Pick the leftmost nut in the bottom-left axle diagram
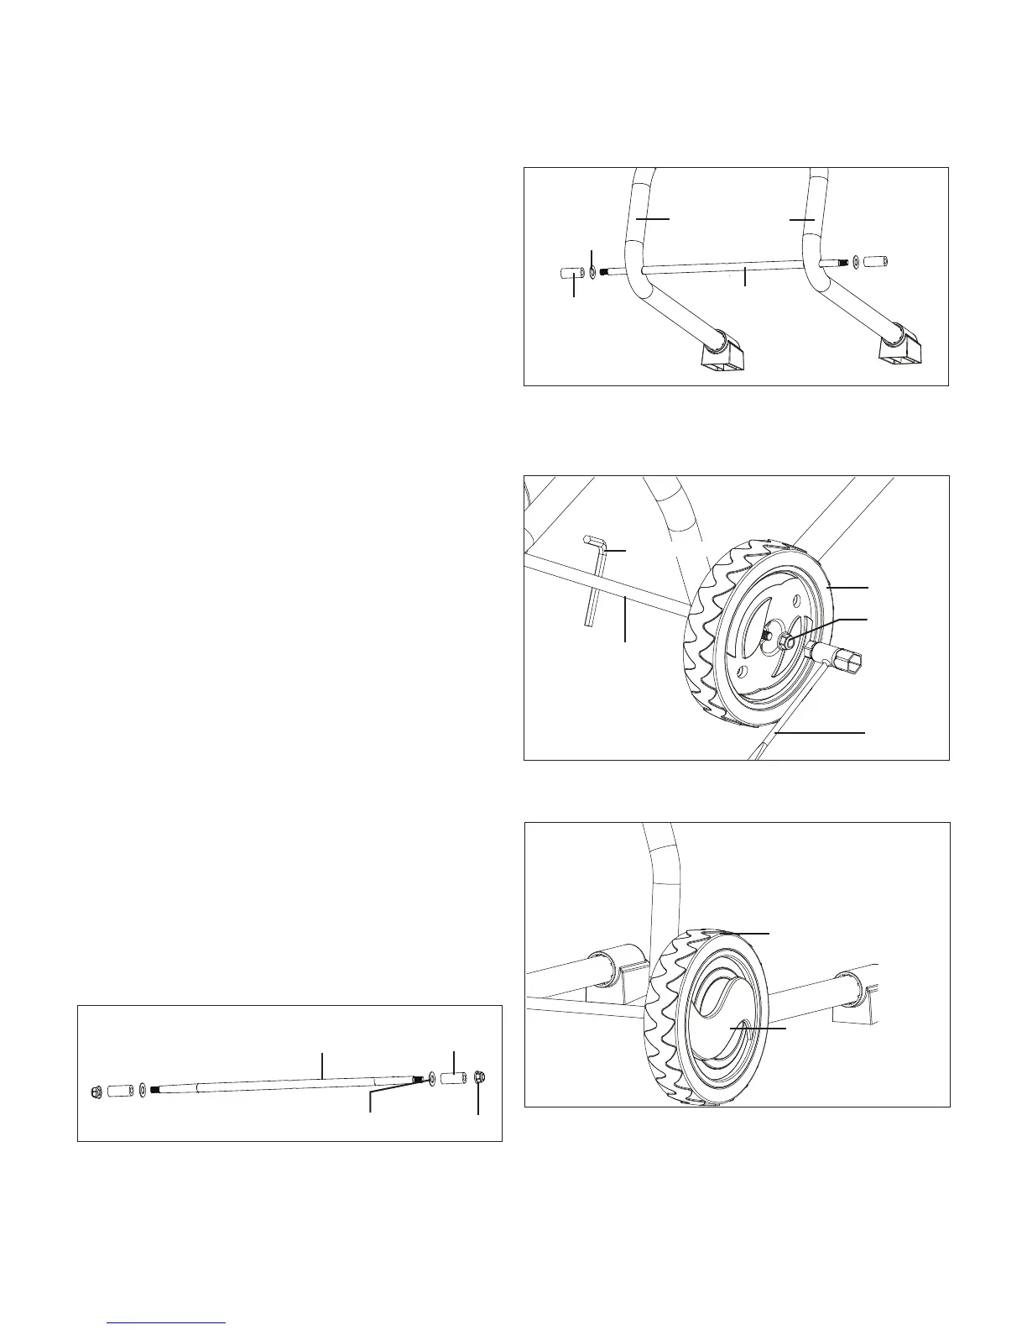(96, 1092)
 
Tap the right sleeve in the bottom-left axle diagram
(453, 1077)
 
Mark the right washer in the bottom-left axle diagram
(430, 1078)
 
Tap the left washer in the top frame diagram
(592, 272)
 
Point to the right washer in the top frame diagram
(854, 262)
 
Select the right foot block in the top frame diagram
(902, 348)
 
